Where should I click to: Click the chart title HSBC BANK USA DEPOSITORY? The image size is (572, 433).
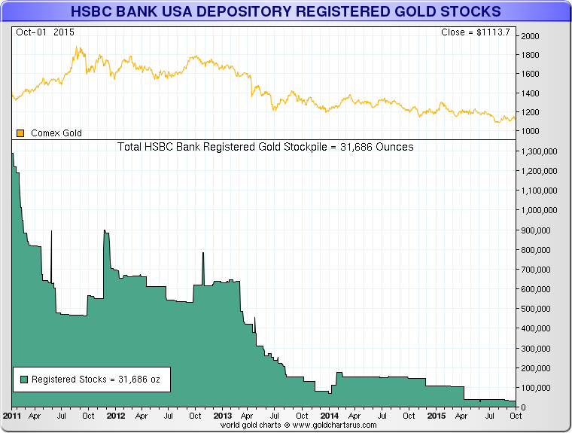click(x=285, y=12)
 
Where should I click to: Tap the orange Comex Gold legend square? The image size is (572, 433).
click(x=20, y=133)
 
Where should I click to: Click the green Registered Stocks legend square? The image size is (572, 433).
click(x=24, y=380)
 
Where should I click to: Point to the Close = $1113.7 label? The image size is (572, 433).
click(x=476, y=33)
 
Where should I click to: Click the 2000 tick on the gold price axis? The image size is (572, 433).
click(x=531, y=36)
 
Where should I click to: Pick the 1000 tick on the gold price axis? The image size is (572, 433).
click(x=531, y=131)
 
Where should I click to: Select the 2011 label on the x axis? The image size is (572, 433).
click(x=11, y=416)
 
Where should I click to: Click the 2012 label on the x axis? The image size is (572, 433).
click(x=116, y=416)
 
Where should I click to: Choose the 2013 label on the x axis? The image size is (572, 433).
click(x=223, y=416)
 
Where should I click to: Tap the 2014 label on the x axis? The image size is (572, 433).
click(x=329, y=416)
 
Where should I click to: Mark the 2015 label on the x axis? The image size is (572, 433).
click(x=436, y=416)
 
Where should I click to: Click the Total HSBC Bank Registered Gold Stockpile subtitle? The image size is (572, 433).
click(x=266, y=147)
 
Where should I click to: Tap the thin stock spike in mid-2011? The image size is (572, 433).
click(x=51, y=241)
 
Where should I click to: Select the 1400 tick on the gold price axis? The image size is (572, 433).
click(x=531, y=93)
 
